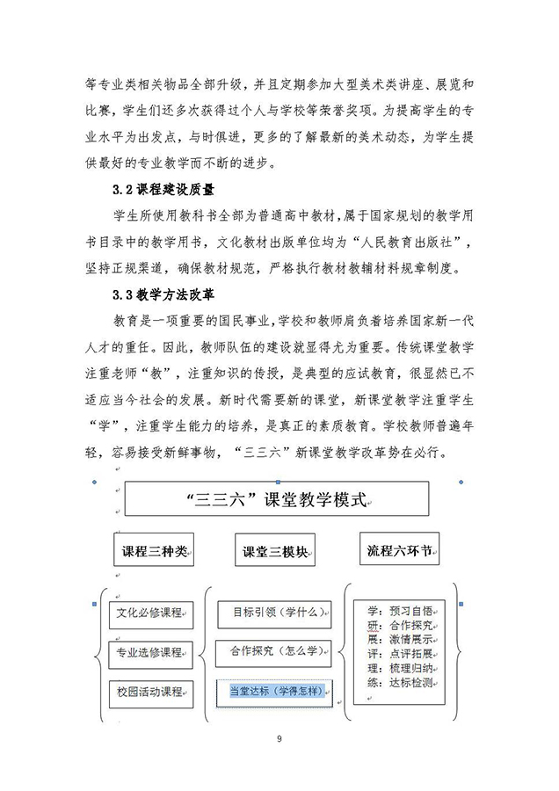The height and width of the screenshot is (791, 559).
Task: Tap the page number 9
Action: pyautogui.click(x=279, y=737)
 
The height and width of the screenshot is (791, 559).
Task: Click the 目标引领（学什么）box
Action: pyautogui.click(x=274, y=610)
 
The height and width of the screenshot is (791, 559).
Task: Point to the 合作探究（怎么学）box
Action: pyautogui.click(x=274, y=650)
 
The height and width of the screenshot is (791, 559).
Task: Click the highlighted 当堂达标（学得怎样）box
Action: pyautogui.click(x=274, y=692)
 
